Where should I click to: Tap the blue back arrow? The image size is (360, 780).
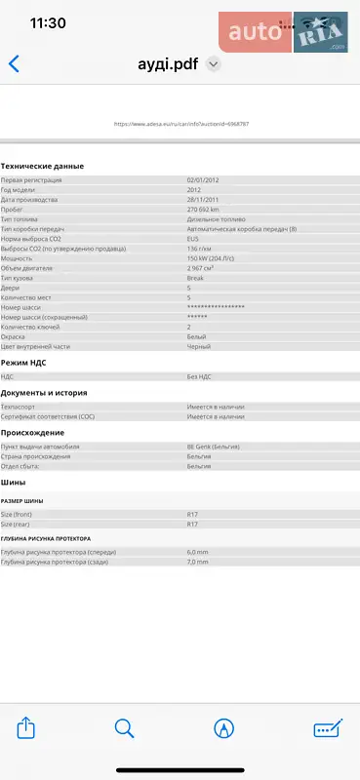[x=14, y=64]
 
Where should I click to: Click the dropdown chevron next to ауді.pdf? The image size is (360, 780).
[x=214, y=64]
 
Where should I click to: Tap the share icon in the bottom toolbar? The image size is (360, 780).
[x=27, y=727]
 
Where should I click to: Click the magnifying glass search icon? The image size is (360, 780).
[x=124, y=727]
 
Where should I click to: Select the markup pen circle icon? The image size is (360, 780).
[x=224, y=727]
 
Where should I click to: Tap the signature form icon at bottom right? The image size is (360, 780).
[x=328, y=727]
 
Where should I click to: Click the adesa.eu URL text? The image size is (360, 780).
[x=181, y=124]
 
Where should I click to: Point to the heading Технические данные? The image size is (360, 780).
[x=42, y=167]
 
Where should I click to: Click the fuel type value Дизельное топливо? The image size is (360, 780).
[x=216, y=219]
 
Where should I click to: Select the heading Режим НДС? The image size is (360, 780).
[x=23, y=362]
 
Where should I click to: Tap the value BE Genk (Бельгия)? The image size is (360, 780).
[x=214, y=447]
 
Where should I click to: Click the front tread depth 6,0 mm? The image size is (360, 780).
[x=198, y=552]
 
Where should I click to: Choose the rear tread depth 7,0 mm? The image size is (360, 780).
[x=198, y=562]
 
